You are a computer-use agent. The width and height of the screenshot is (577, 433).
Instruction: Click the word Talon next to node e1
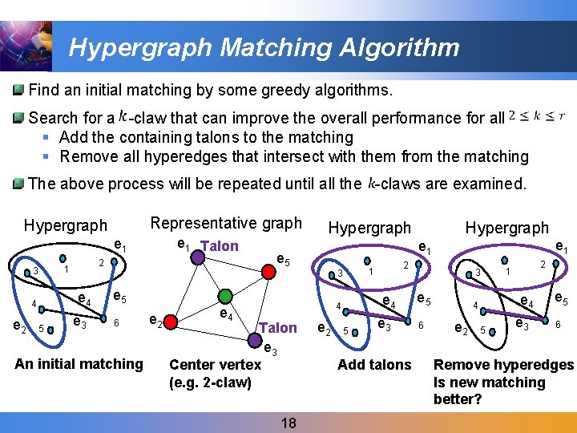(220, 246)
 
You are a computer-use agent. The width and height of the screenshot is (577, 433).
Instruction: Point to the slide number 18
(288, 422)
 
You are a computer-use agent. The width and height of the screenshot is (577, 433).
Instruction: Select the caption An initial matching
(79, 363)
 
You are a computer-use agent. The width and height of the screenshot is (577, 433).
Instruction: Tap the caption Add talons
(374, 364)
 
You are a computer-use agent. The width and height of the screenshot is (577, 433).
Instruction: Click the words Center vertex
(215, 364)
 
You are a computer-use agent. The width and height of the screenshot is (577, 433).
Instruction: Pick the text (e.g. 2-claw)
(210, 382)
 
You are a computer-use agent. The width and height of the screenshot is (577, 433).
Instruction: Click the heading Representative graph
(226, 223)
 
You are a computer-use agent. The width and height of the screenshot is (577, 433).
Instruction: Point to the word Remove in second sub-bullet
(87, 156)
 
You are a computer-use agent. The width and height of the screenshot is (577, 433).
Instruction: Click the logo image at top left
(26, 46)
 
